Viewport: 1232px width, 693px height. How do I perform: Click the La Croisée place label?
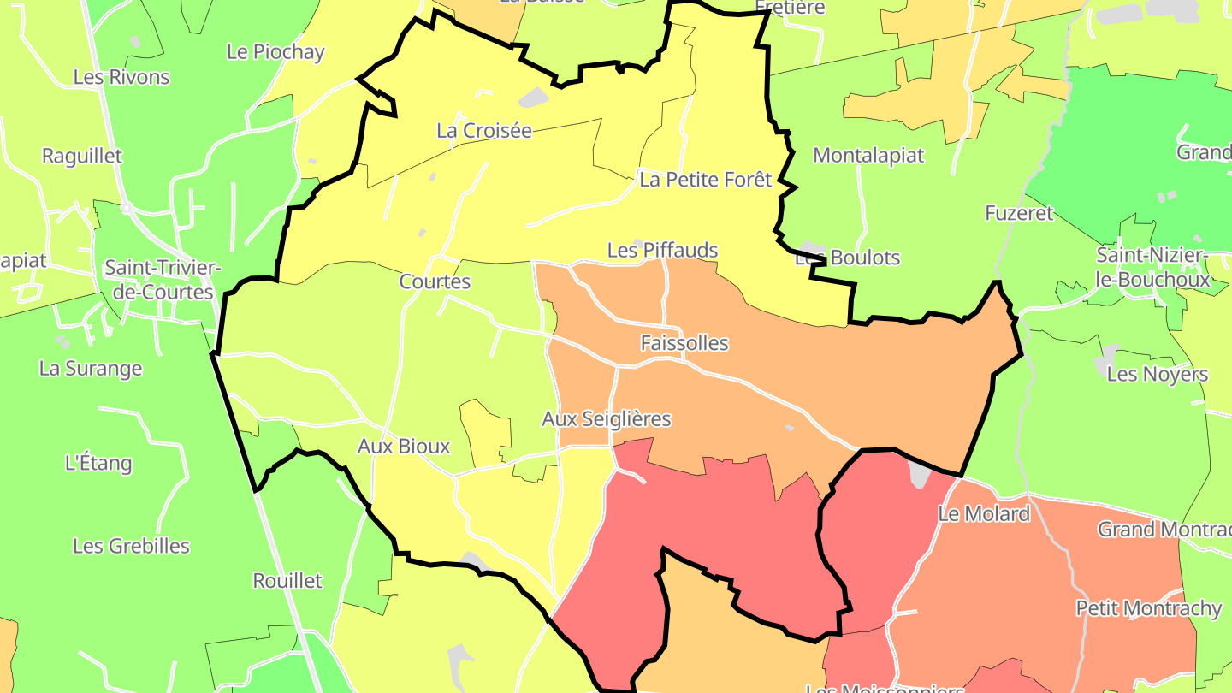click(x=483, y=131)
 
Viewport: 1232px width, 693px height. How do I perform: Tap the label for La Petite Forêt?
click(x=706, y=180)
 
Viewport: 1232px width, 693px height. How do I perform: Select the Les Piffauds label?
click(x=662, y=251)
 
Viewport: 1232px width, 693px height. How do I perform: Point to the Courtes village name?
click(x=435, y=281)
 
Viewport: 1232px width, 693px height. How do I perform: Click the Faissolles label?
click(x=684, y=343)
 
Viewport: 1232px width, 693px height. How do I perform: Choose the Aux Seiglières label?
click(x=607, y=419)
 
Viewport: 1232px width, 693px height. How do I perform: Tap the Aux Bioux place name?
click(x=404, y=447)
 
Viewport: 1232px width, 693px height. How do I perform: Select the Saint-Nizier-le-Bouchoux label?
click(x=1153, y=267)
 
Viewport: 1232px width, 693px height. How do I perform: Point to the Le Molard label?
click(x=984, y=514)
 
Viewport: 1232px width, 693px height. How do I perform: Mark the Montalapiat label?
click(x=868, y=156)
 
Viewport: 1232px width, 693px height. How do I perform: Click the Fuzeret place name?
click(x=1019, y=213)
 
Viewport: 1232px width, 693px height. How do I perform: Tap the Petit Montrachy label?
click(x=1148, y=608)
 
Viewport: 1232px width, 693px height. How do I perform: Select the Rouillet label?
click(x=287, y=581)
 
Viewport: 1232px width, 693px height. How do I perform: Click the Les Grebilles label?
click(x=131, y=546)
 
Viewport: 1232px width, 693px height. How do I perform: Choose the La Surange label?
click(x=91, y=369)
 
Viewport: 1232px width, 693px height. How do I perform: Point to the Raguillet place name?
click(x=82, y=157)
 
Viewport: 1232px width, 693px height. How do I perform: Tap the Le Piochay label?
click(x=275, y=52)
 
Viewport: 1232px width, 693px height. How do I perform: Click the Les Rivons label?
click(x=121, y=77)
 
